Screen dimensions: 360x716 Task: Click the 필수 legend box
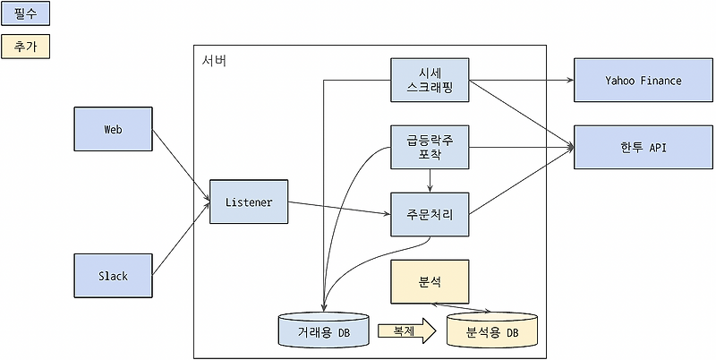pyautogui.click(x=26, y=13)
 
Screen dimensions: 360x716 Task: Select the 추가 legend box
pyautogui.click(x=26, y=46)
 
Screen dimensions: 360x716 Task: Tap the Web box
pyautogui.click(x=113, y=129)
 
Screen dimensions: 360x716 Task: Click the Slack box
pyautogui.click(x=113, y=276)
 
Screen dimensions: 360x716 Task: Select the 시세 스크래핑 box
pyautogui.click(x=430, y=81)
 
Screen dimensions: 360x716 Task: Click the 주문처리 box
pyautogui.click(x=430, y=215)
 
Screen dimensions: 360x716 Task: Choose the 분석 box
pyautogui.click(x=430, y=281)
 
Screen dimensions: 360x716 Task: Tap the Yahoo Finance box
pyautogui.click(x=643, y=81)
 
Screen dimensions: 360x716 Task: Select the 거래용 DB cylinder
pyautogui.click(x=324, y=330)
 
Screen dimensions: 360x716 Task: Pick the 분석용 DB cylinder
pyautogui.click(x=491, y=330)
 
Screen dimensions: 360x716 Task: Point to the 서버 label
pyautogui.click(x=215, y=61)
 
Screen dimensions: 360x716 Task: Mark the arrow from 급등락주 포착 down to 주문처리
pyautogui.click(x=430, y=180)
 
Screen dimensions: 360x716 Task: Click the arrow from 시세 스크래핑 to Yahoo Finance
pyautogui.click(x=521, y=81)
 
